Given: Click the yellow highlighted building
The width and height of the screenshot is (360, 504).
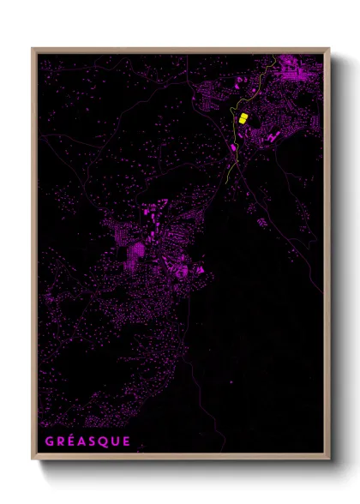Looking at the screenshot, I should [x=243, y=118].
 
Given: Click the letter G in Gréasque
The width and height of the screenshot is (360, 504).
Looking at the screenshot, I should [x=50, y=442].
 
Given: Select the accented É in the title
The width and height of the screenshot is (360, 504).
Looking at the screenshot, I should [x=73, y=442].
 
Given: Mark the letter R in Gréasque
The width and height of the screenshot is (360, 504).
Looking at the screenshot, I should [x=62, y=442].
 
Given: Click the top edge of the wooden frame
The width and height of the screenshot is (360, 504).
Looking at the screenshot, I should [x=180, y=50].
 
